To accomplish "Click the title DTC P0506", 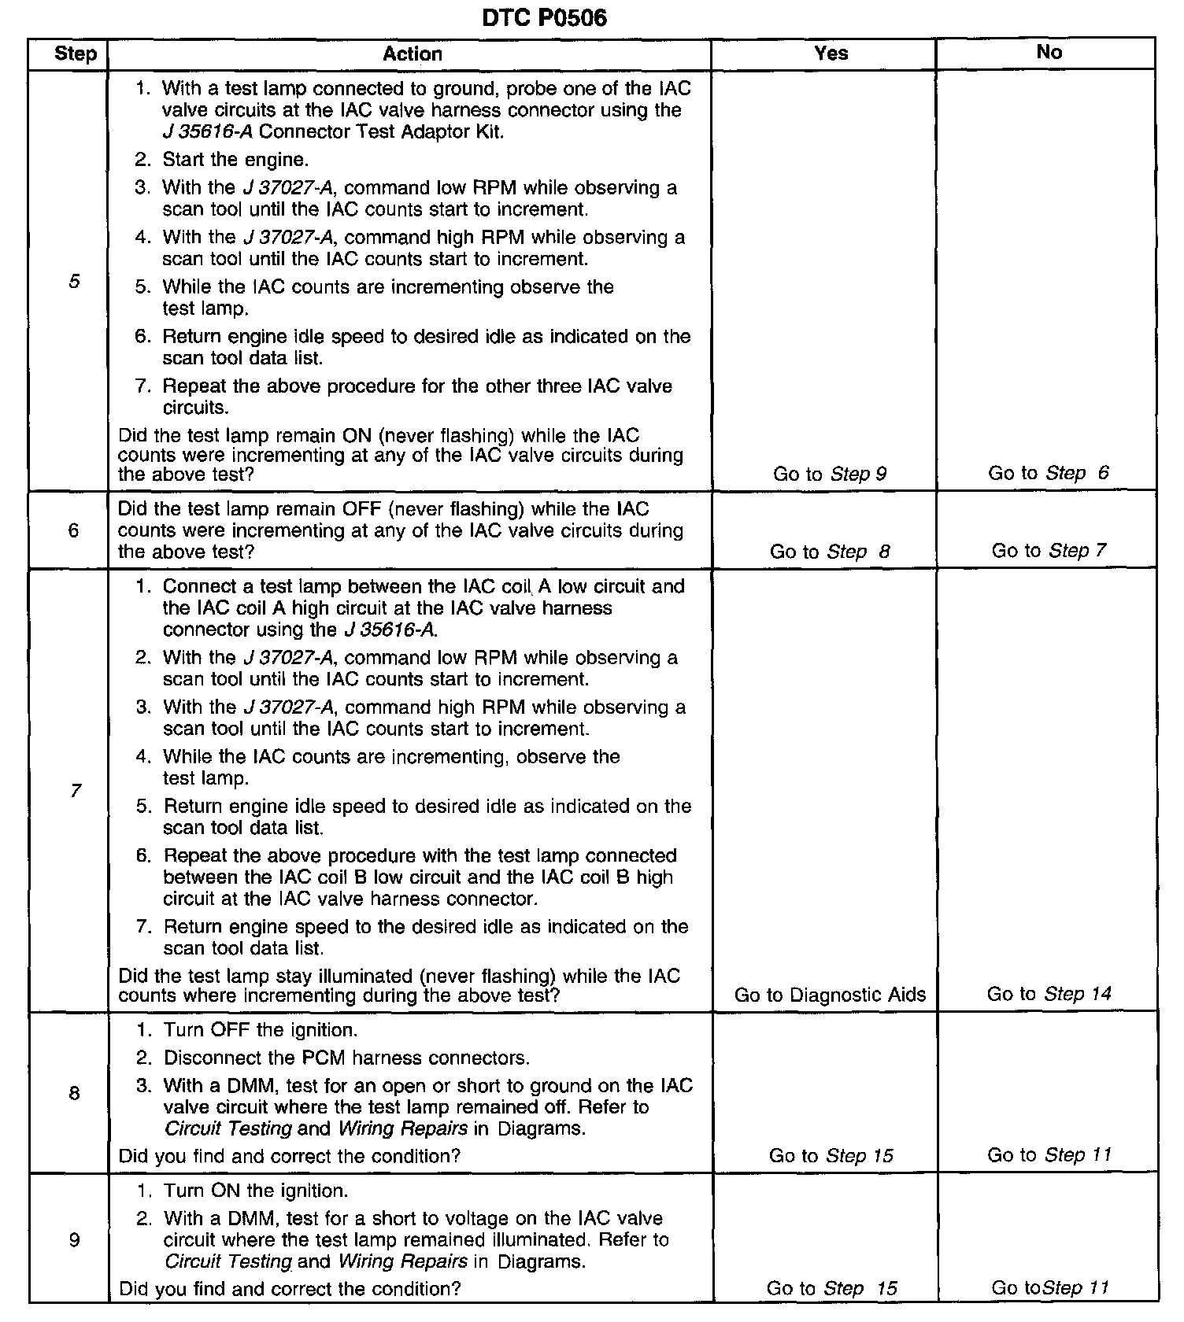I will click(x=544, y=18).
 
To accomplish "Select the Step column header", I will click(x=76, y=54).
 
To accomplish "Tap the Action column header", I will click(x=412, y=54).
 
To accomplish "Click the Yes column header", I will click(x=831, y=53).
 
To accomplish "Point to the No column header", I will click(x=1049, y=52).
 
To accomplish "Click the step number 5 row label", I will click(x=74, y=281).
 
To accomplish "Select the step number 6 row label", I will click(x=73, y=530).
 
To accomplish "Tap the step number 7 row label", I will click(x=75, y=790).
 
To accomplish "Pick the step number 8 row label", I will click(x=74, y=1092).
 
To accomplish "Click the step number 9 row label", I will click(x=74, y=1240).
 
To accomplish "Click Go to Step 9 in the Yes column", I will click(x=830, y=474).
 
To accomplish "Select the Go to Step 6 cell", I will click(x=1049, y=473).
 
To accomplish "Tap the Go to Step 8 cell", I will click(x=830, y=552).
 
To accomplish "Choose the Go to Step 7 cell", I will click(x=1049, y=550).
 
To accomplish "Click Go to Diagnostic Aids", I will click(x=830, y=995).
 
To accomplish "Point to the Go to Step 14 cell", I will click(x=1049, y=994).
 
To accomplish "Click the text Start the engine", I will click(x=235, y=160).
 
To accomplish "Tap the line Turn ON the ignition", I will click(x=255, y=1191).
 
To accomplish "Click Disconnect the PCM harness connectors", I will click(x=346, y=1058).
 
